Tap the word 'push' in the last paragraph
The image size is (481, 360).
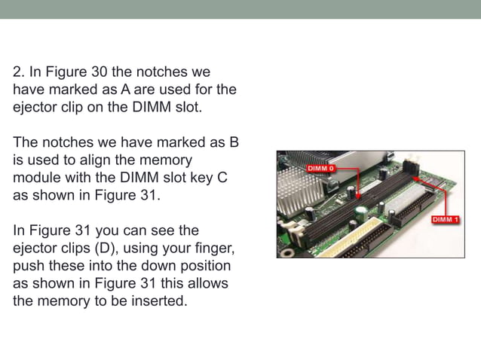(28, 265)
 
